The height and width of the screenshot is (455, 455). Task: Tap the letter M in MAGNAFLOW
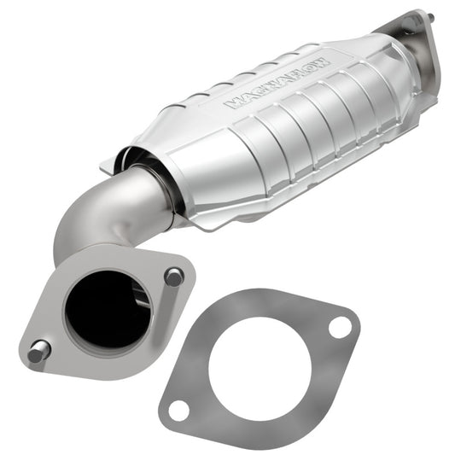pyautogui.click(x=230, y=104)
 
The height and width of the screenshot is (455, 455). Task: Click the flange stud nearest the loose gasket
pyautogui.click(x=173, y=276)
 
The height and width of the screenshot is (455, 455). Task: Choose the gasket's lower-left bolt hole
pyautogui.click(x=178, y=411)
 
